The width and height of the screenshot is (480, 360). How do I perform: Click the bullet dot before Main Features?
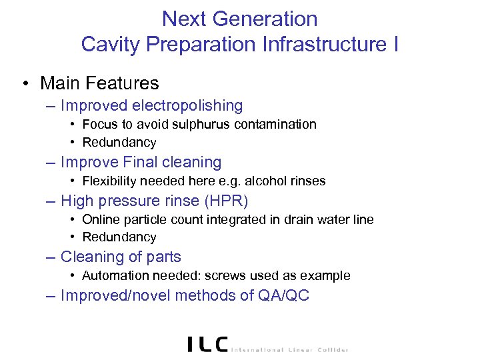pos(24,83)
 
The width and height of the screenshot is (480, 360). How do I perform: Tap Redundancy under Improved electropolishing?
pos(119,143)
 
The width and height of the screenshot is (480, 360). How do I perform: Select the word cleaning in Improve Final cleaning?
pos(193,162)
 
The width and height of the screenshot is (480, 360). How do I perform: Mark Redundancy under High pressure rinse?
pos(119,237)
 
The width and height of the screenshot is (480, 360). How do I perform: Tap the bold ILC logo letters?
pos(208,344)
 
